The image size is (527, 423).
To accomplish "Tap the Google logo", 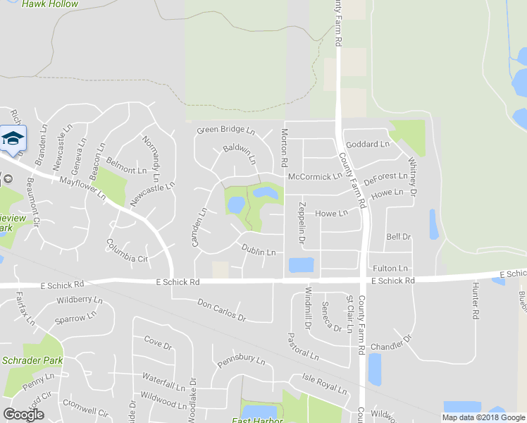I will (x=23, y=415).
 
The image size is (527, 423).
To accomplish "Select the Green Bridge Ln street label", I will (x=225, y=130).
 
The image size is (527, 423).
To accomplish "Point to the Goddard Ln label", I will (x=368, y=145).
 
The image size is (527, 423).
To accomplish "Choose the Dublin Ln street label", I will (x=258, y=251).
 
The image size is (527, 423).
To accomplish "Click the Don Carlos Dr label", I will (x=221, y=308).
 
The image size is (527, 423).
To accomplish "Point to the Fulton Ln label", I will (x=390, y=269).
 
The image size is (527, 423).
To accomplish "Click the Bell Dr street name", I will (x=398, y=237).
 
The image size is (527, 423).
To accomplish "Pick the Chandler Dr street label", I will (x=390, y=345).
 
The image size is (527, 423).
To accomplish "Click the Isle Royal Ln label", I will (x=325, y=385).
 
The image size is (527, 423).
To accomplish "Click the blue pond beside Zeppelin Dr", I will (x=301, y=265).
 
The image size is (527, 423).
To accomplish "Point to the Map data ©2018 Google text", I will (x=483, y=417).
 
